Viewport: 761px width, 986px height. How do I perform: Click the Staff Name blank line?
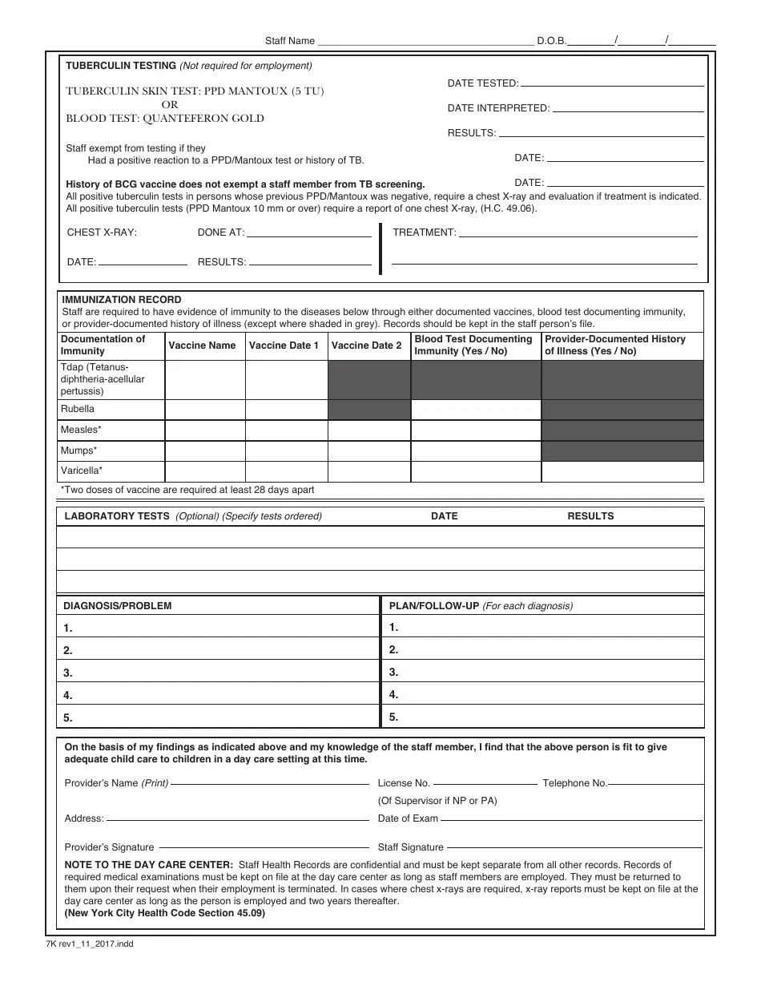[x=425, y=41]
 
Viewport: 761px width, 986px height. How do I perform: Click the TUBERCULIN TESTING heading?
[x=121, y=66]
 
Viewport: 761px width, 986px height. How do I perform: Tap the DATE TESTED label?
[x=482, y=83]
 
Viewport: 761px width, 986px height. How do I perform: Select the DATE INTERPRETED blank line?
[x=629, y=108]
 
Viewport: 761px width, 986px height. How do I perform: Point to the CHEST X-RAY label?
[x=102, y=232]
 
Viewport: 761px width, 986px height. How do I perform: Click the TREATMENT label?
[x=424, y=232]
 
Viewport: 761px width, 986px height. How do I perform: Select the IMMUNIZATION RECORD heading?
[x=122, y=300]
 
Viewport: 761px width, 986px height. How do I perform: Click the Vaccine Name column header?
[x=202, y=346]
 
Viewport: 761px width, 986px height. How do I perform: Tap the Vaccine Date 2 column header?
[x=367, y=346]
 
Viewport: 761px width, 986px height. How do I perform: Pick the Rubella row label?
[x=78, y=409]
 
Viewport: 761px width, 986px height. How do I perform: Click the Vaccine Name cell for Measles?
[x=204, y=430]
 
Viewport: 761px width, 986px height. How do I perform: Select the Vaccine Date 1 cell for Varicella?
[x=286, y=471]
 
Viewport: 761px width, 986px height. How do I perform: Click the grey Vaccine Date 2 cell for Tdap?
[x=368, y=380]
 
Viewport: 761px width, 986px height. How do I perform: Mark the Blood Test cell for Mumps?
[x=476, y=451]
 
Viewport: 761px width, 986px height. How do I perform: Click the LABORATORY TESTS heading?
[x=117, y=516]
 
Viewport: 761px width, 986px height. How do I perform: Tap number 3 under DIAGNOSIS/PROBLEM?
[x=68, y=673]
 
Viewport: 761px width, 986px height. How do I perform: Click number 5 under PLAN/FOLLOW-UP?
[x=393, y=717]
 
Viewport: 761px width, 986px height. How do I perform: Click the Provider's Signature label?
[x=109, y=847]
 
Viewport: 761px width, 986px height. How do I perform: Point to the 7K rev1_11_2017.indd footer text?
[x=90, y=944]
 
